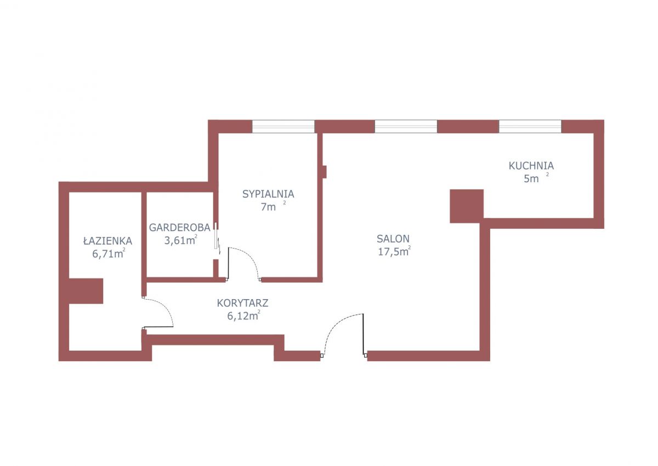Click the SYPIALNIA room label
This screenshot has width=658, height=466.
[268, 194]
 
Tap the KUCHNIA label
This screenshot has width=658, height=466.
[531, 166]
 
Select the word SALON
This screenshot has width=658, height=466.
[393, 239]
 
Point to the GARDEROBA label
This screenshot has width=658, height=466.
[179, 228]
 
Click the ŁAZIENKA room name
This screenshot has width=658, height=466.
[108, 241]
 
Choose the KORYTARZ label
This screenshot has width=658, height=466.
[242, 303]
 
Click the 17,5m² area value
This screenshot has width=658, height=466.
[394, 251]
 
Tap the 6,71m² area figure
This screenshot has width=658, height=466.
[109, 254]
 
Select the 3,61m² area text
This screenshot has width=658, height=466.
[180, 240]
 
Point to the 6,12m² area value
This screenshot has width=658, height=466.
[243, 316]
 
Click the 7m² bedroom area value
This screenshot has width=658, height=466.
[273, 206]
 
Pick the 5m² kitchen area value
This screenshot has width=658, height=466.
[536, 178]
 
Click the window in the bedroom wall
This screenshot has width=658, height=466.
[283, 126]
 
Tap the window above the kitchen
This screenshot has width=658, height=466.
[530, 126]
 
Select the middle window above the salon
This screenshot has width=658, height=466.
[406, 126]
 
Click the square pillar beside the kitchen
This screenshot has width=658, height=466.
[467, 206]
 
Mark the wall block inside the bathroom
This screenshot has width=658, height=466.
[86, 291]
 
